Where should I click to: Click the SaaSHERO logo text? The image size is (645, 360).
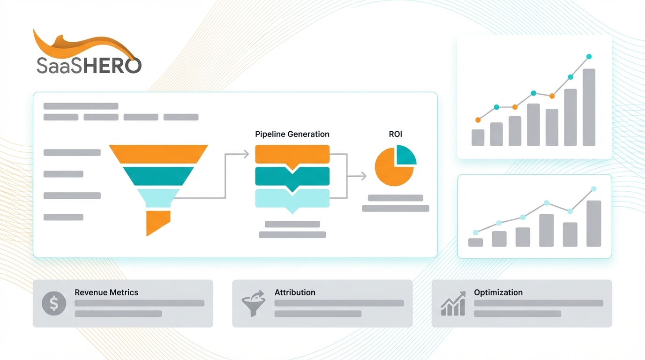click(x=89, y=65)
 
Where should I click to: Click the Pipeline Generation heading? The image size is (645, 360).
click(x=292, y=134)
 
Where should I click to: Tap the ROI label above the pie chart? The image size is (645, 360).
click(x=396, y=134)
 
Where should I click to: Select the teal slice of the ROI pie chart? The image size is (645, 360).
click(x=405, y=154)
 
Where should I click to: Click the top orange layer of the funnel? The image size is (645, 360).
click(x=158, y=153)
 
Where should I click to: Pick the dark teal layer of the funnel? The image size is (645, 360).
click(x=158, y=175)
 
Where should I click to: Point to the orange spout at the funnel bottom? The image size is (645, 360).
click(x=157, y=222)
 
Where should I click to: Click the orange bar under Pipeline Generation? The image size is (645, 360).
click(x=292, y=154)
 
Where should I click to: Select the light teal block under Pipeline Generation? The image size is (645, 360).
click(x=292, y=198)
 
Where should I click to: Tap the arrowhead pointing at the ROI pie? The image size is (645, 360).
click(x=363, y=176)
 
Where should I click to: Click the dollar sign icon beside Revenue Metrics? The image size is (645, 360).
click(x=54, y=303)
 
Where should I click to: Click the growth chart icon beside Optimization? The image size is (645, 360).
click(x=453, y=303)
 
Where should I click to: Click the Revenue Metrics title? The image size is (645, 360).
click(x=106, y=292)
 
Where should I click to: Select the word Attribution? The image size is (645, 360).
click(x=295, y=292)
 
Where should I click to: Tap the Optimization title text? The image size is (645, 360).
click(x=498, y=292)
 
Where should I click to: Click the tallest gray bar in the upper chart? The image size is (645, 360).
click(x=589, y=107)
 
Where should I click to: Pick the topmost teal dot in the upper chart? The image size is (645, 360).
click(x=589, y=57)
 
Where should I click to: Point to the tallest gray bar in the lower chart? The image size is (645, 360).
click(x=593, y=224)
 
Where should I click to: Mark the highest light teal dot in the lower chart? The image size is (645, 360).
click(x=594, y=189)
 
